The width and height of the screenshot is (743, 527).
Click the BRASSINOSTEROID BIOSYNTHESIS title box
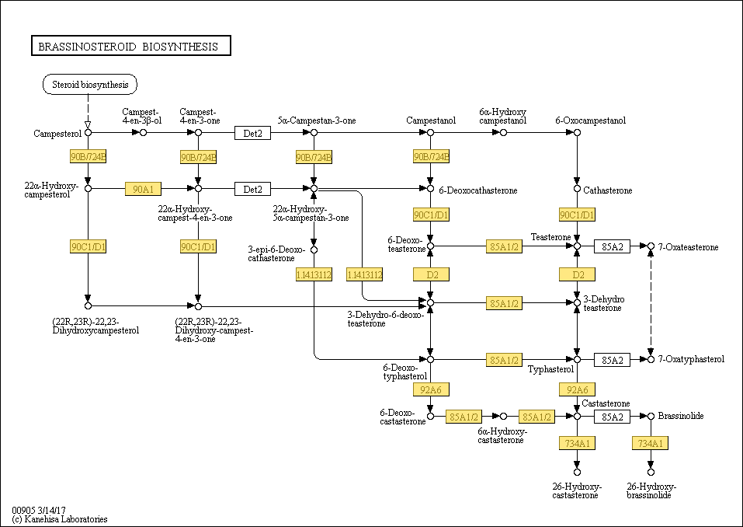tap(130, 46)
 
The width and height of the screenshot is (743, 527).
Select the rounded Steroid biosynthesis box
tap(90, 85)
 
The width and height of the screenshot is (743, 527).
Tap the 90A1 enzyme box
tap(143, 189)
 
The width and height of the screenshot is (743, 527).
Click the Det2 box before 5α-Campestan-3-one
tap(252, 133)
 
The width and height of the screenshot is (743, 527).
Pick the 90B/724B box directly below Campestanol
tap(431, 156)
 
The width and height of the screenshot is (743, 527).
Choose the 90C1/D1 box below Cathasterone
tap(577, 215)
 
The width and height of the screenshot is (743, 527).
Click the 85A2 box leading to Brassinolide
tap(613, 417)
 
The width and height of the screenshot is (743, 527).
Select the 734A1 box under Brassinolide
tap(651, 444)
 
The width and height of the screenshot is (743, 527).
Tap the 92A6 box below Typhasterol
tap(577, 390)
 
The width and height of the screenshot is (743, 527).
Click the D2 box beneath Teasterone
tap(577, 274)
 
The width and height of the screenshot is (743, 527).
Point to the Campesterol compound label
tap(57, 134)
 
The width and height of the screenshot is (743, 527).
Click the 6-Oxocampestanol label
tap(590, 120)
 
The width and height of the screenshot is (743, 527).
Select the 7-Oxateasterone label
tap(689, 247)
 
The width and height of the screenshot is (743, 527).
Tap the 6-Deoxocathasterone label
tap(478, 190)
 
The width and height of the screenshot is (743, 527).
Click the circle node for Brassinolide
tap(651, 416)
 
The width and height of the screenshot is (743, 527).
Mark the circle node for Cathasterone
tap(577, 189)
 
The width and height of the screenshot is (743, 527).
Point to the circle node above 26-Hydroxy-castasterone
tap(577, 472)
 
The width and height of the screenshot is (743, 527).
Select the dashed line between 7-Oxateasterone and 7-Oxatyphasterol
tap(651, 302)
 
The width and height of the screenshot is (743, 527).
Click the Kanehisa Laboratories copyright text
tap(60, 519)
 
